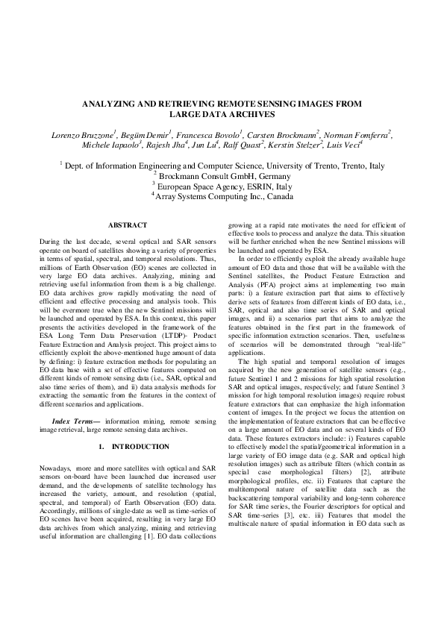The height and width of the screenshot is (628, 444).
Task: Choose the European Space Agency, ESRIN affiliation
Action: [222, 186]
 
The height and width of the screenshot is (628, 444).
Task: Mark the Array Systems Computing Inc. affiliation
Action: [222, 197]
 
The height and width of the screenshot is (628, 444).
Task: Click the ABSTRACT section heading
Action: [128, 225]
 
